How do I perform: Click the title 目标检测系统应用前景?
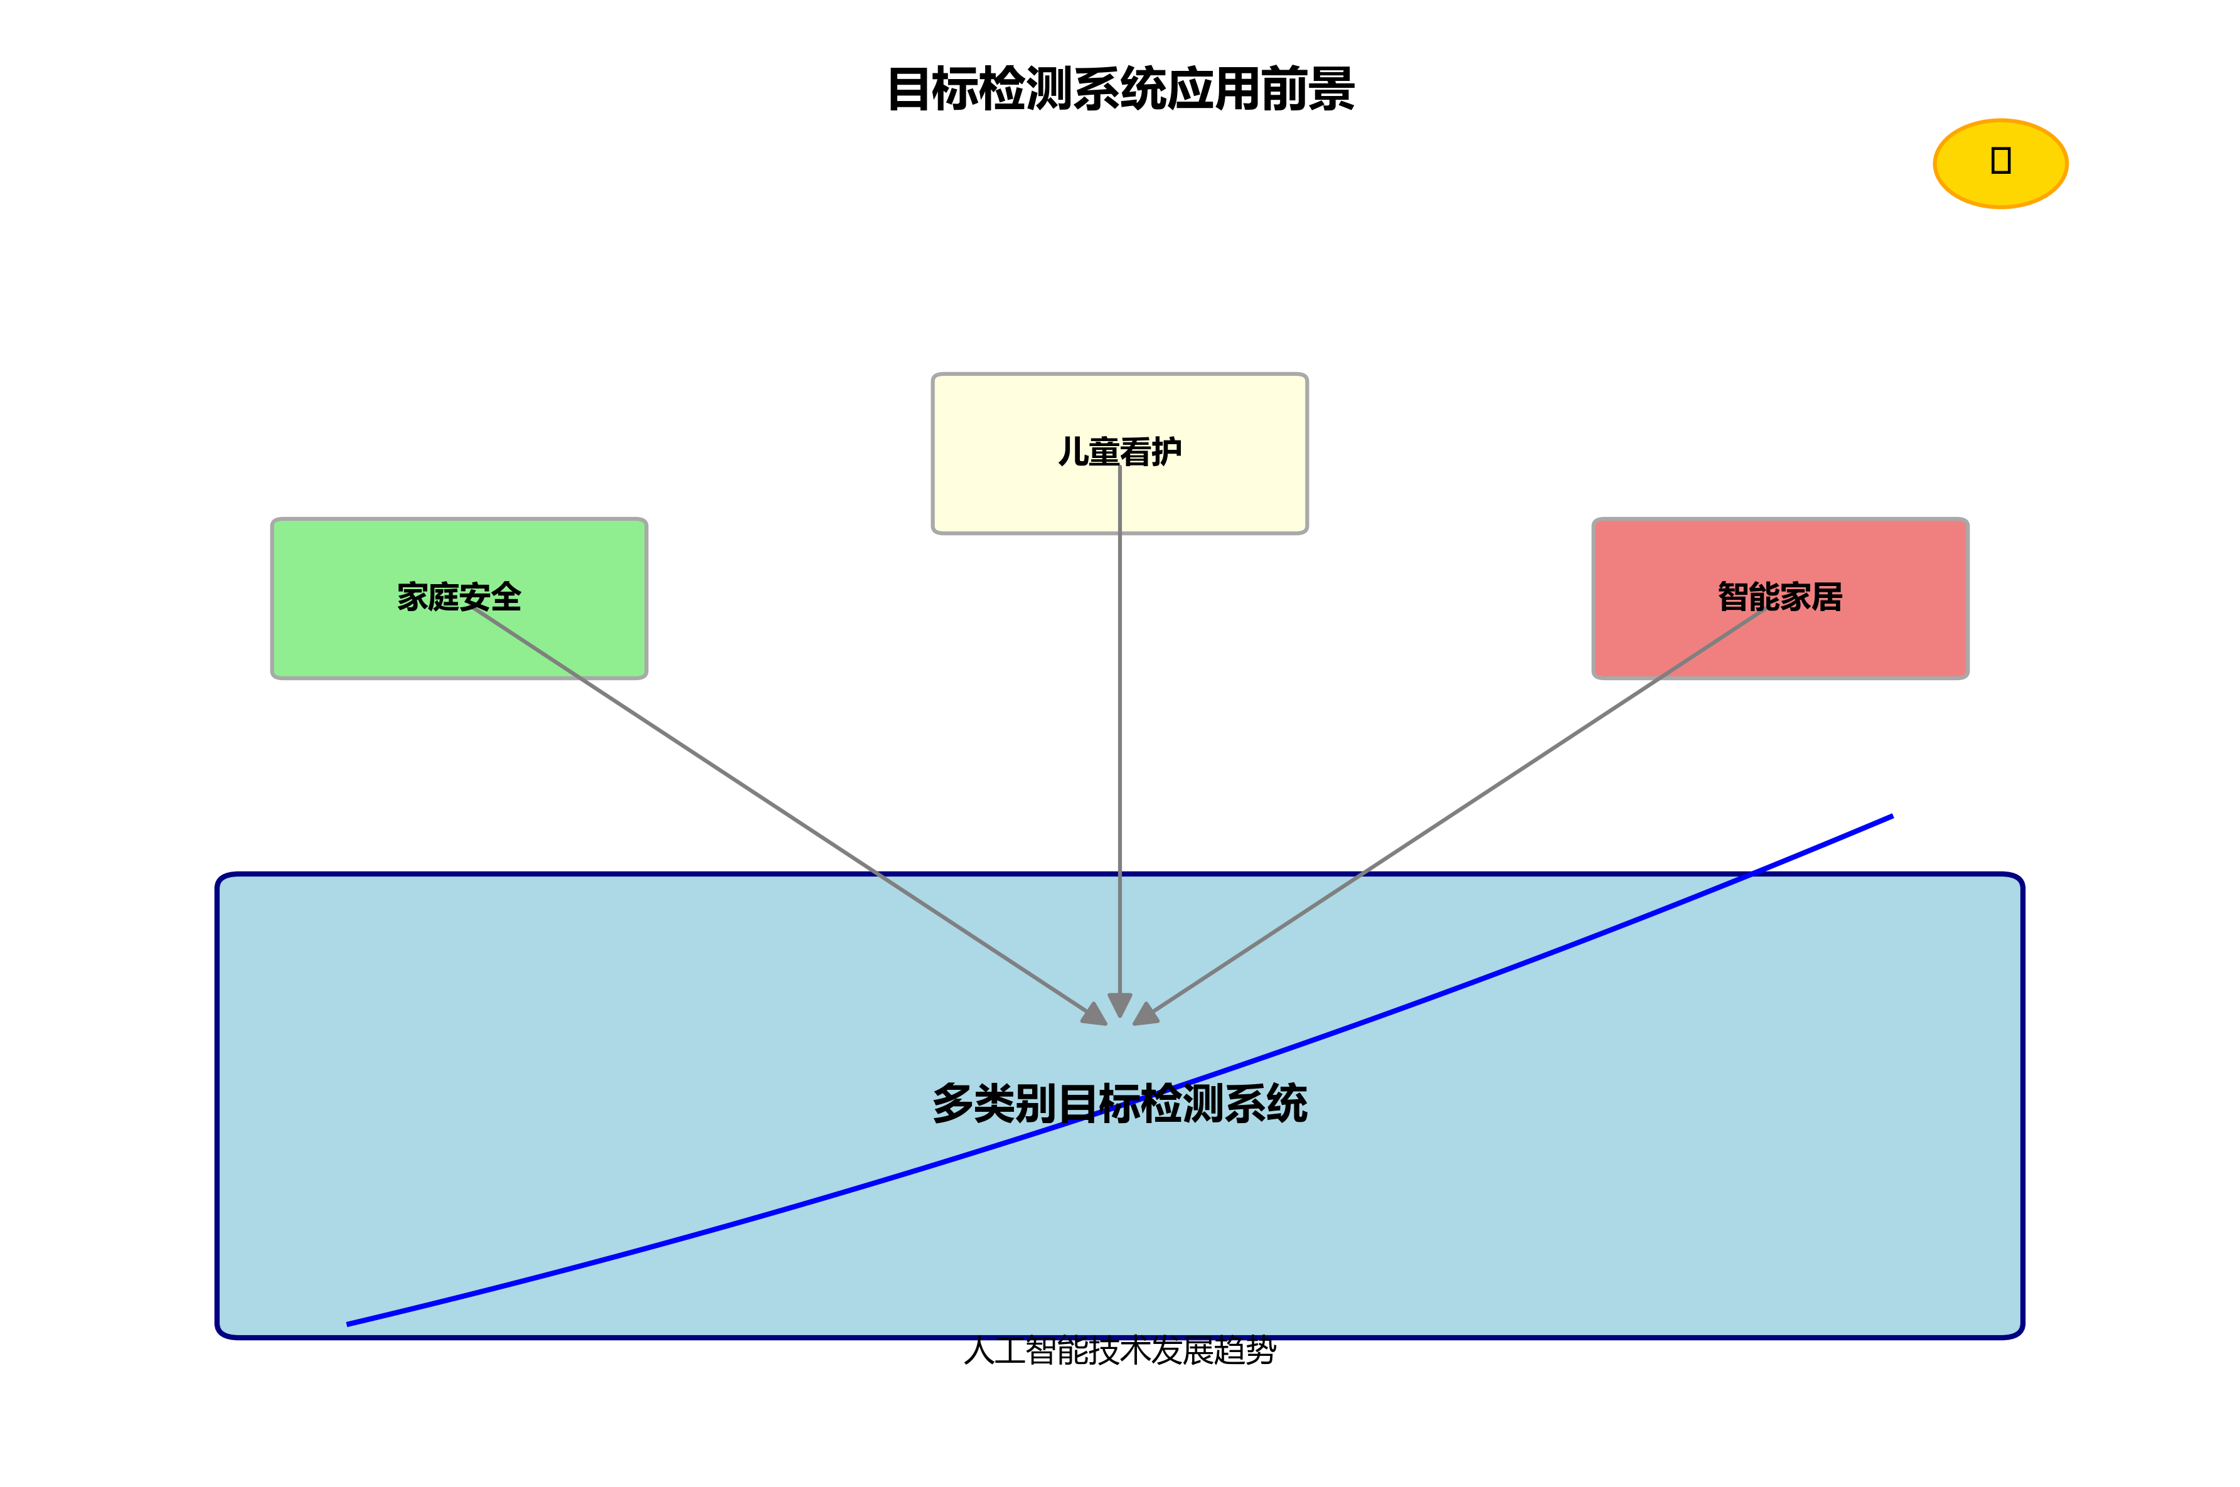1120,89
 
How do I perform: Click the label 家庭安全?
459,597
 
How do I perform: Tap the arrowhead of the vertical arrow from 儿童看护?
1120,1005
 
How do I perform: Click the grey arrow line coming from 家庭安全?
777,807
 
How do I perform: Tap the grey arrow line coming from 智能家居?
1461,807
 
